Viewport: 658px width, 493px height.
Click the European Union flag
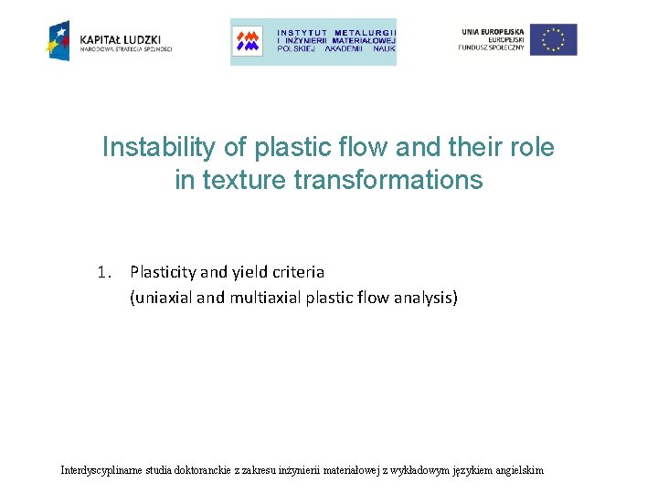coord(554,39)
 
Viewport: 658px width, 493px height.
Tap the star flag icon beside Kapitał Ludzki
coord(58,39)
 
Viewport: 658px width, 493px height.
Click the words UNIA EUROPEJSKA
coord(493,30)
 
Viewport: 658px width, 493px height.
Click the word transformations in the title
coord(388,181)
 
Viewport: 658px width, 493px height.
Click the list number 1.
coord(104,272)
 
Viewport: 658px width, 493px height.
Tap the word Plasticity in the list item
coord(164,272)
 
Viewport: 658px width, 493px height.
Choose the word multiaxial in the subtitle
coord(260,298)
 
